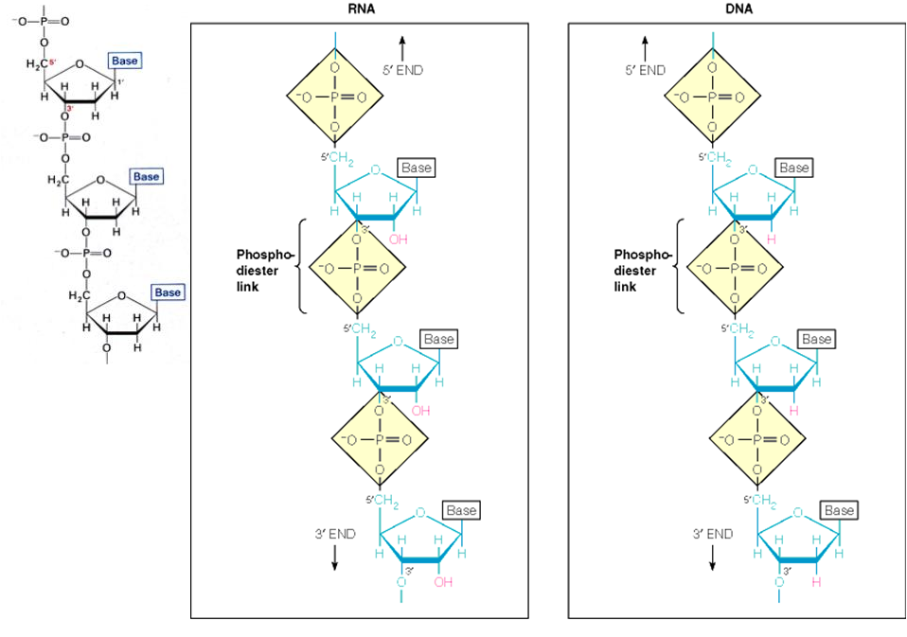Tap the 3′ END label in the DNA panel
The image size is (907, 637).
pos(713,534)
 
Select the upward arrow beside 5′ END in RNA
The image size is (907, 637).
pos(402,46)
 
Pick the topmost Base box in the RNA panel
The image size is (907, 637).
pos(416,168)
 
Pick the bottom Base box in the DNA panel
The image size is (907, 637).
pos(840,510)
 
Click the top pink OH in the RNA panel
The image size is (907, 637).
pos(398,239)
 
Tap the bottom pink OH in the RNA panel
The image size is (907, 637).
pos(443,582)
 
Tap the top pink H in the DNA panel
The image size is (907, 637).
pos(771,239)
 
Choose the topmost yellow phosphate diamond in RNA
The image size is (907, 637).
pos(333,96)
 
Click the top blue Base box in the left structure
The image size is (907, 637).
pos(124,61)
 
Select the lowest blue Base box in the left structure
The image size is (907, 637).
pos(168,292)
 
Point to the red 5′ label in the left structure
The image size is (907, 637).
pos(54,62)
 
